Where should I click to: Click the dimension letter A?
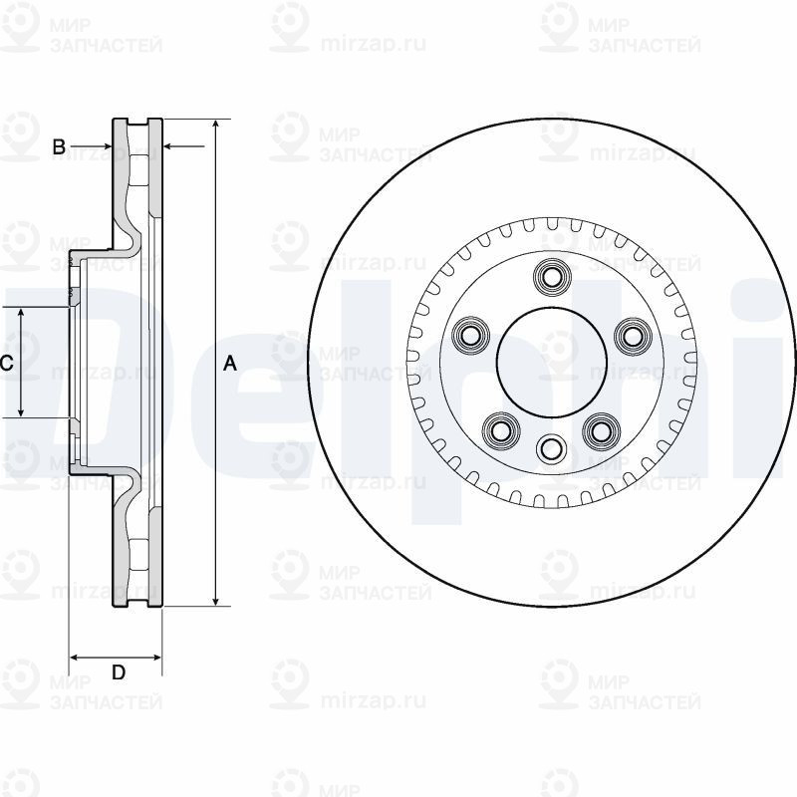coord(230,365)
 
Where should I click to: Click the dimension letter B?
coord(59,147)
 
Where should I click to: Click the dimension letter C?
coord(5,364)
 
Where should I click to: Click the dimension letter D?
coord(118,672)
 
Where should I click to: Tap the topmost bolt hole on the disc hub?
coord(549,275)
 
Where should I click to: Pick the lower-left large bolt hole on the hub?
coord(499,429)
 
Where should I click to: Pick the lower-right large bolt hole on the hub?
coord(598,429)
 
